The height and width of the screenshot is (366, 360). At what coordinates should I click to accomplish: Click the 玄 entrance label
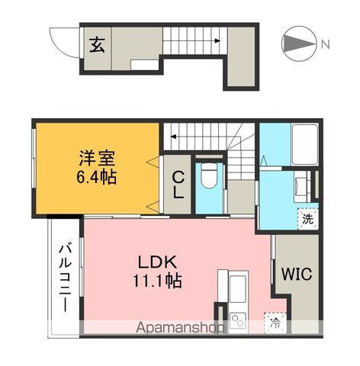point(98,45)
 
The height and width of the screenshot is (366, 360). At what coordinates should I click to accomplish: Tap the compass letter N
point(326,45)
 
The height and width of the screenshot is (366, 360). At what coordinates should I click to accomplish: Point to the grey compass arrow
point(299,44)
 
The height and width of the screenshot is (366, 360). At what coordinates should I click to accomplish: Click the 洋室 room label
point(97,159)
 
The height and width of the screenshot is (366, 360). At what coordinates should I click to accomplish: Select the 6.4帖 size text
point(97,177)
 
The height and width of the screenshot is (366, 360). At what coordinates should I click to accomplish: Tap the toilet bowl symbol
point(208,175)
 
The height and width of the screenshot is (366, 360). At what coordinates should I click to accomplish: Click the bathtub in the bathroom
point(305,144)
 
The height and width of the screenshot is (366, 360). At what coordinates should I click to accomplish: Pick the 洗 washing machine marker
point(308,219)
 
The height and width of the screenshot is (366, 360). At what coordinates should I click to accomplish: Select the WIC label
point(297,274)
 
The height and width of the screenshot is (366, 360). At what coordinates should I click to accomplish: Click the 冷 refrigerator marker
point(275,323)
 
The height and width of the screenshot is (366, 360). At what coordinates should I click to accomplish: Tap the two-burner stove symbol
point(238,321)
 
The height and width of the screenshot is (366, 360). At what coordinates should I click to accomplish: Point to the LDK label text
point(157,262)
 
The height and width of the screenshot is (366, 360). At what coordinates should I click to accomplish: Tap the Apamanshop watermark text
point(180,328)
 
